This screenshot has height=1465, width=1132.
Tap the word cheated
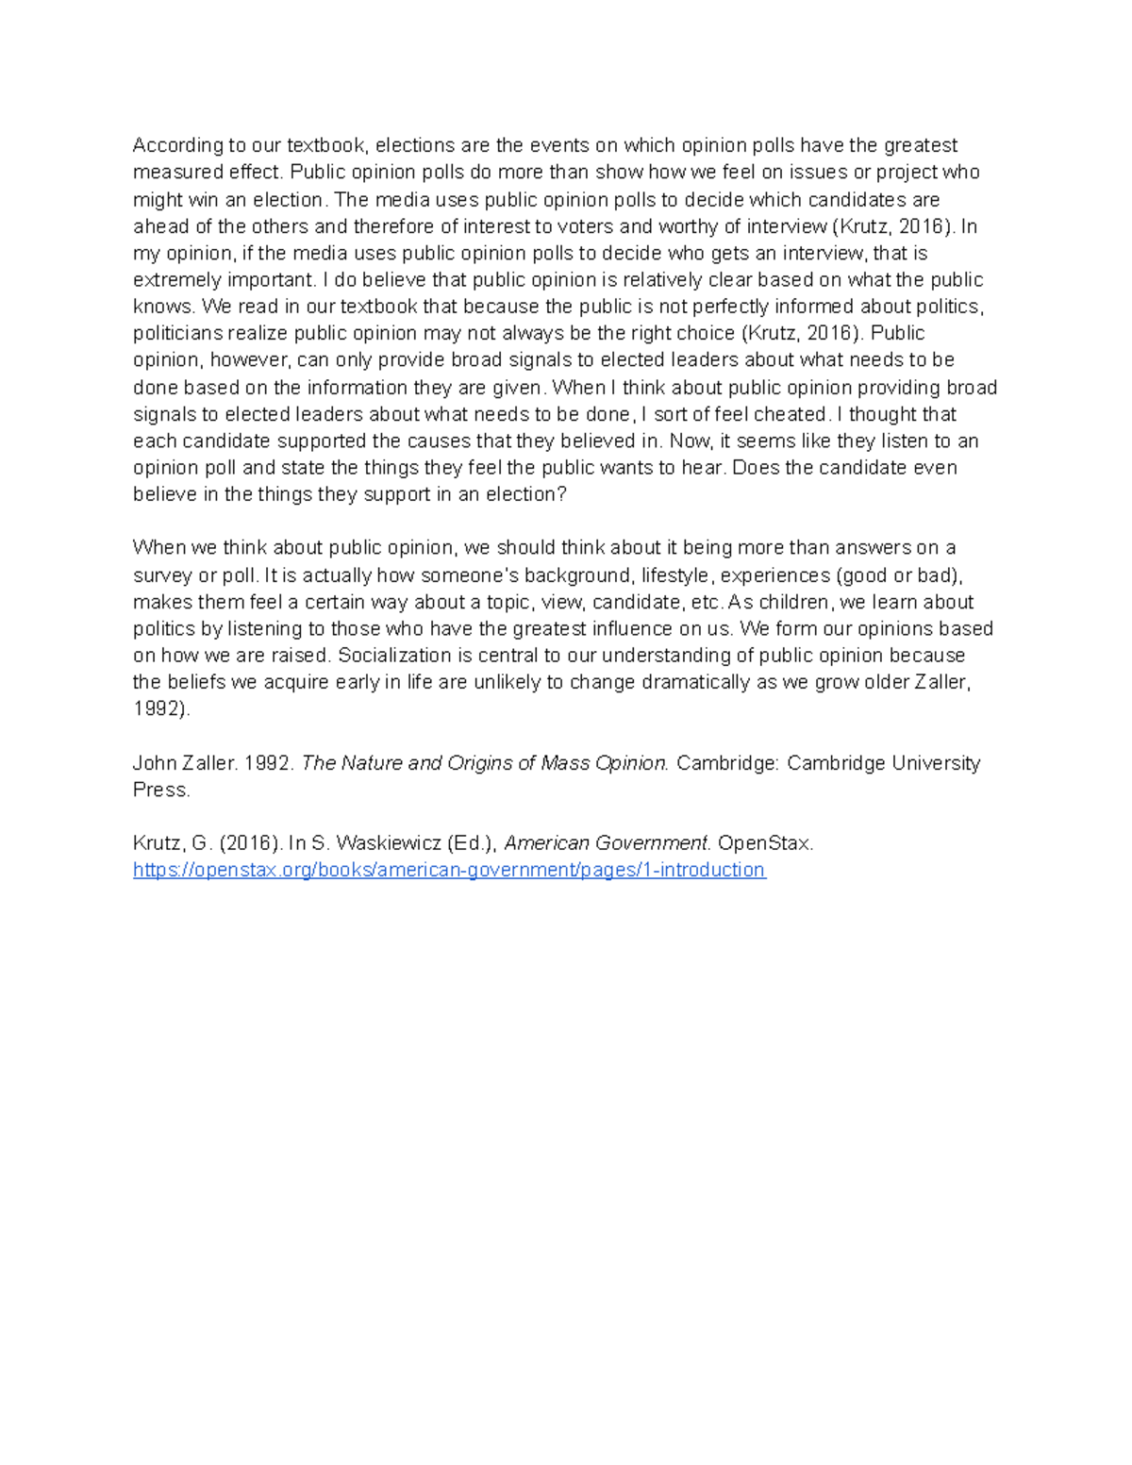click(791, 414)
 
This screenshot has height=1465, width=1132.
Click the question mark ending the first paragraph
click(562, 494)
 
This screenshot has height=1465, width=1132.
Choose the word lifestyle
click(674, 575)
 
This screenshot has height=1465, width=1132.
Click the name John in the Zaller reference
click(155, 763)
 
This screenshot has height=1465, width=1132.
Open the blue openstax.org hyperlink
click(449, 870)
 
